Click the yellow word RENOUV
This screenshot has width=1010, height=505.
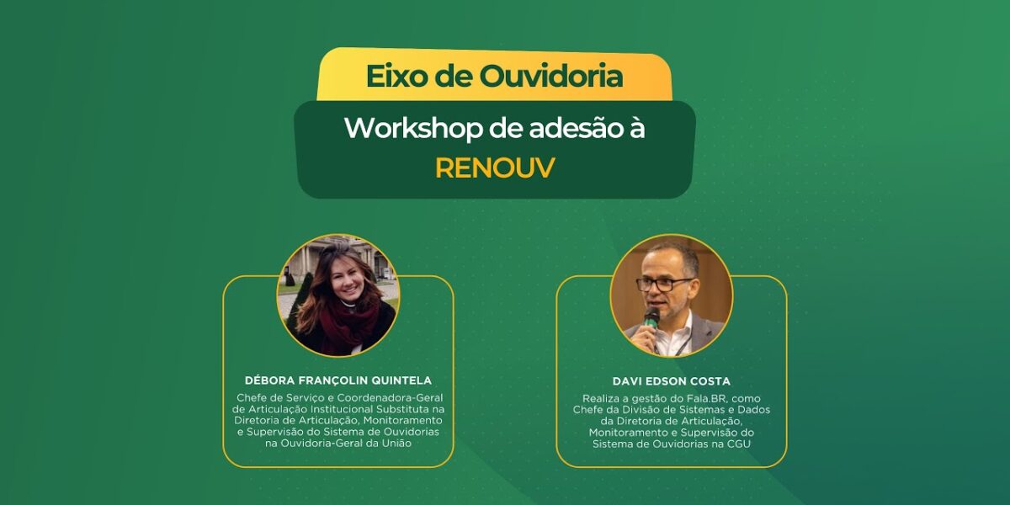pos(495,167)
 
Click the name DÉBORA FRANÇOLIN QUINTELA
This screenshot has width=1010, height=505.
pos(338,380)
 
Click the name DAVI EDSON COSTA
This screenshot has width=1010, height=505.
pos(671,381)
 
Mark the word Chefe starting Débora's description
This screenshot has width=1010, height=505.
pos(254,397)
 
